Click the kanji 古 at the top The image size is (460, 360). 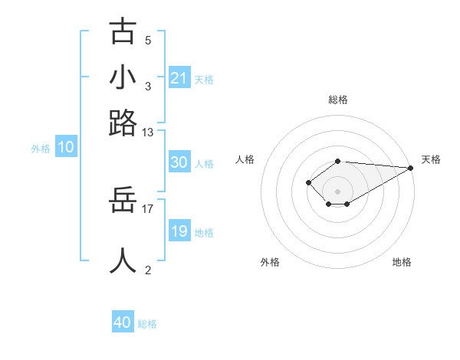123,31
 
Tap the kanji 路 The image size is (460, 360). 123,123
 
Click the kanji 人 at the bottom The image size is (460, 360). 123,260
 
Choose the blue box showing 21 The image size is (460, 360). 179,78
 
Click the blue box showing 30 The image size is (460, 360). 179,162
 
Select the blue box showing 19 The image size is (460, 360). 179,231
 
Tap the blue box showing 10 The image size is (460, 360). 66,148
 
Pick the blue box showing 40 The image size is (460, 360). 123,322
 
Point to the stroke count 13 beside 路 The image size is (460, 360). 148,133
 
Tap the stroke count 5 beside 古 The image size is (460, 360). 148,40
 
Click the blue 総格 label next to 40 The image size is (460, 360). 147,324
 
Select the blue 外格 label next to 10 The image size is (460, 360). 41,149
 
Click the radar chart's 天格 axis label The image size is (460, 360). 432,159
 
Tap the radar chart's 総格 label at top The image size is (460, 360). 338,100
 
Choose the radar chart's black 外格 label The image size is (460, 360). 270,262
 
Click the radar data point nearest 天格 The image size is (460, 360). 411,168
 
